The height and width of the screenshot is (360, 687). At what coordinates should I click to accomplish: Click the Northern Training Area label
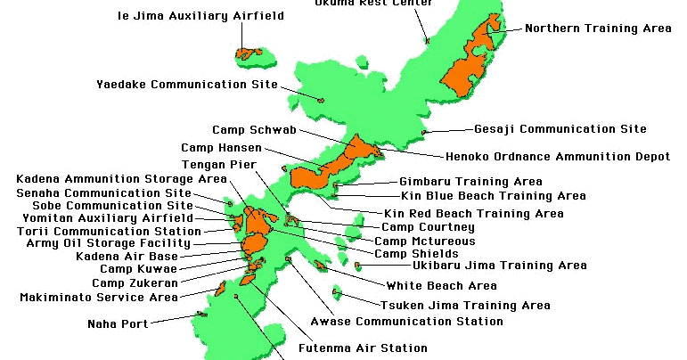coord(598,29)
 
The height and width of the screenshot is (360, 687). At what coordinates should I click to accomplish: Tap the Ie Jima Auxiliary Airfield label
coord(200,16)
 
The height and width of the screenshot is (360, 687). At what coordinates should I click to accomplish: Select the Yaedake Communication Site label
coord(187,85)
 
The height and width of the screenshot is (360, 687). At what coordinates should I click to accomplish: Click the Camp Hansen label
coord(222,148)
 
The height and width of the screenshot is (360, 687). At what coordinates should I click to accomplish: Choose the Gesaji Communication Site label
coord(560,129)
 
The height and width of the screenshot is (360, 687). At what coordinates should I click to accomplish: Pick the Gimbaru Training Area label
coord(470,182)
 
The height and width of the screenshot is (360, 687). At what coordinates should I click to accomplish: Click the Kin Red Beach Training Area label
coord(473,214)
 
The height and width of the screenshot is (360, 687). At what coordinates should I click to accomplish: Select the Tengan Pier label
coord(219,165)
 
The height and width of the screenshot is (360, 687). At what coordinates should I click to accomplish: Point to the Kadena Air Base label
coord(127,256)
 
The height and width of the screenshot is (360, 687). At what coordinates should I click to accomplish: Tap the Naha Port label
coord(118,324)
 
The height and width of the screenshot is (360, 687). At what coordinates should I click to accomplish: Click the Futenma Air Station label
coord(363,348)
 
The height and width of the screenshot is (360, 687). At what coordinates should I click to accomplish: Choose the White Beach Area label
coord(441,286)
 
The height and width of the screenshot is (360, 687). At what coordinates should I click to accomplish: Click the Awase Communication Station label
coord(406,322)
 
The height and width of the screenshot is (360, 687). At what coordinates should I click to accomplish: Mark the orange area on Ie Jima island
coord(250,53)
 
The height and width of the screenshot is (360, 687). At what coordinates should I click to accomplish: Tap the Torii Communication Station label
coord(109,231)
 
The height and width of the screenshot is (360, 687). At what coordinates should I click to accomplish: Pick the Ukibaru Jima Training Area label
coord(499,265)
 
